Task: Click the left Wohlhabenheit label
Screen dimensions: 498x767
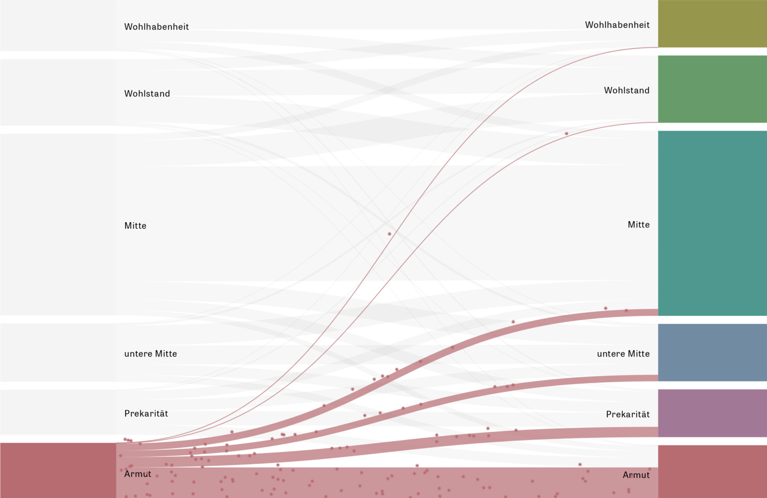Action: tap(156, 27)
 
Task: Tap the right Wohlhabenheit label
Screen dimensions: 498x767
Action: tap(617, 25)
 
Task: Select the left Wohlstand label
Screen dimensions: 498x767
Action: tap(147, 94)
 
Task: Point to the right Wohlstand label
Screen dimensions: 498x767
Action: tap(627, 90)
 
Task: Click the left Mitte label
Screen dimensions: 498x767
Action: tap(135, 226)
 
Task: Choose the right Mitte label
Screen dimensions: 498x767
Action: tap(639, 225)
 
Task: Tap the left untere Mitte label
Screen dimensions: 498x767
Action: tap(151, 354)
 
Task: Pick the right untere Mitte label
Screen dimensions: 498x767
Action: tap(623, 354)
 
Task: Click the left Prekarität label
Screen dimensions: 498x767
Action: tap(146, 413)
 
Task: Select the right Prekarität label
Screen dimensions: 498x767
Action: tap(628, 415)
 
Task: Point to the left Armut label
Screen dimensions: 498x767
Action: tap(138, 474)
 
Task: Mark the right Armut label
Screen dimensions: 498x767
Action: tap(636, 475)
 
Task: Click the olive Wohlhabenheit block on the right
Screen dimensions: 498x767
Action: tap(712, 24)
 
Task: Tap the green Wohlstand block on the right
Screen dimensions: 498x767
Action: tap(712, 89)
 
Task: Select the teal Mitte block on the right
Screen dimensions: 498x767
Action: tap(712, 223)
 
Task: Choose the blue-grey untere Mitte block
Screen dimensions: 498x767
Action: tap(712, 353)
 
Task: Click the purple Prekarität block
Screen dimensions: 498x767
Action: tap(712, 413)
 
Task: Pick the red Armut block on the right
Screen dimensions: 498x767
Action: tap(712, 471)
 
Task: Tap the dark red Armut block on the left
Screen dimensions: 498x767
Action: tap(58, 470)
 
